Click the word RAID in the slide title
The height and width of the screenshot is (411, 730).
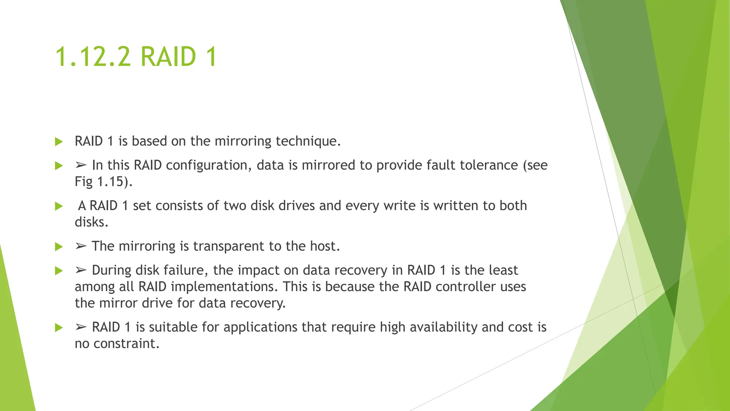[x=168, y=57]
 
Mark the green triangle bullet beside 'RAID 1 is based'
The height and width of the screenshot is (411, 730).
[x=59, y=142]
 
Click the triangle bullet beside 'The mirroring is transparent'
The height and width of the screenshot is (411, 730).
[x=59, y=247]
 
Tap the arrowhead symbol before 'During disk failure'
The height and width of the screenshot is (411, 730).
[x=81, y=270]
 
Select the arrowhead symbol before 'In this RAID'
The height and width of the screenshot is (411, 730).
[x=81, y=166]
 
